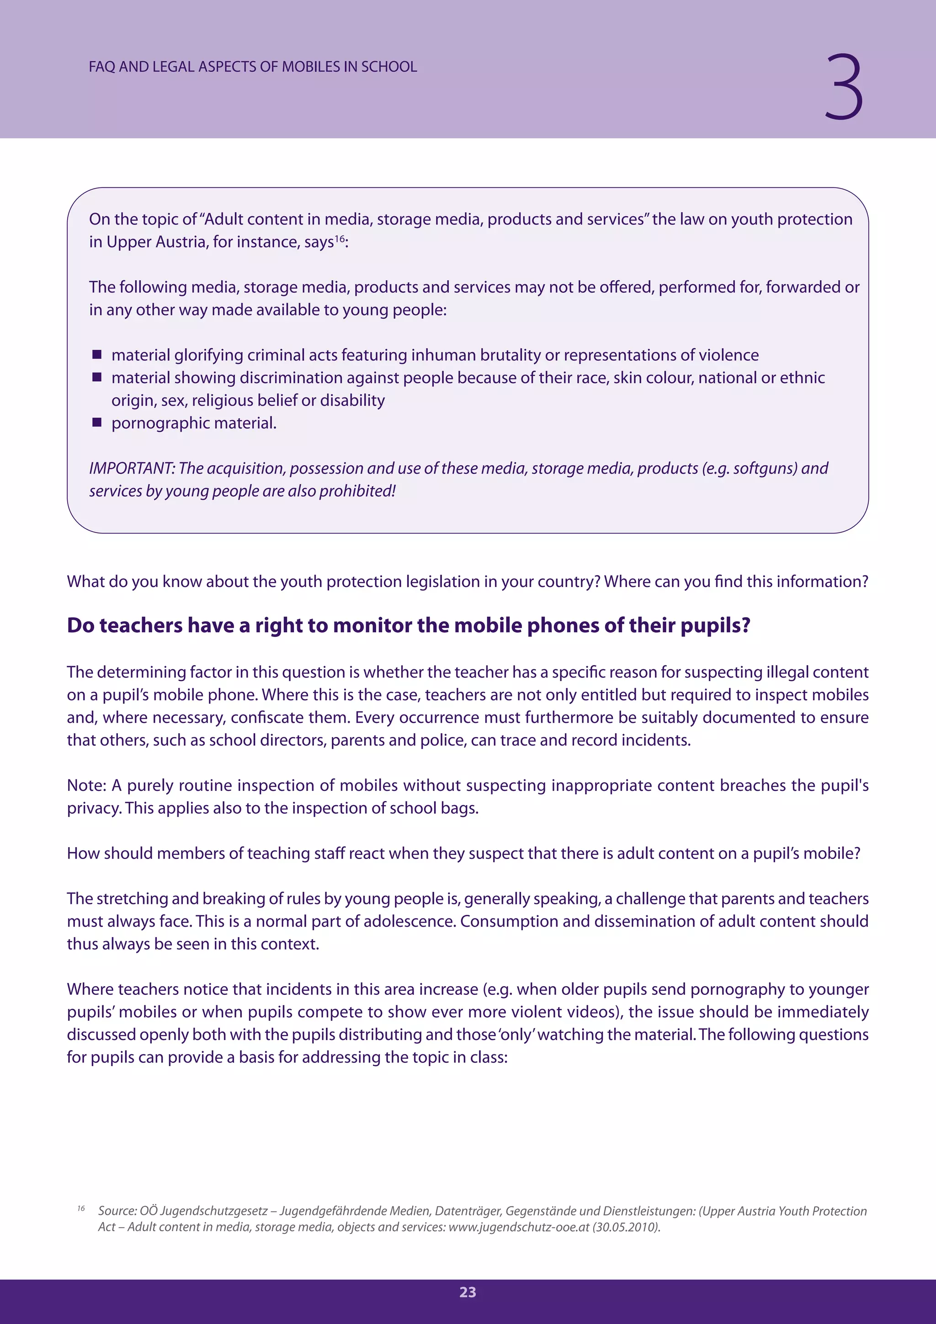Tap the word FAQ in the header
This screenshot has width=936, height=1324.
(102, 67)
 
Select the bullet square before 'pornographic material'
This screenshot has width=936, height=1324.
(97, 423)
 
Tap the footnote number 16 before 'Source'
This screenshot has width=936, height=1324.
(81, 1208)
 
